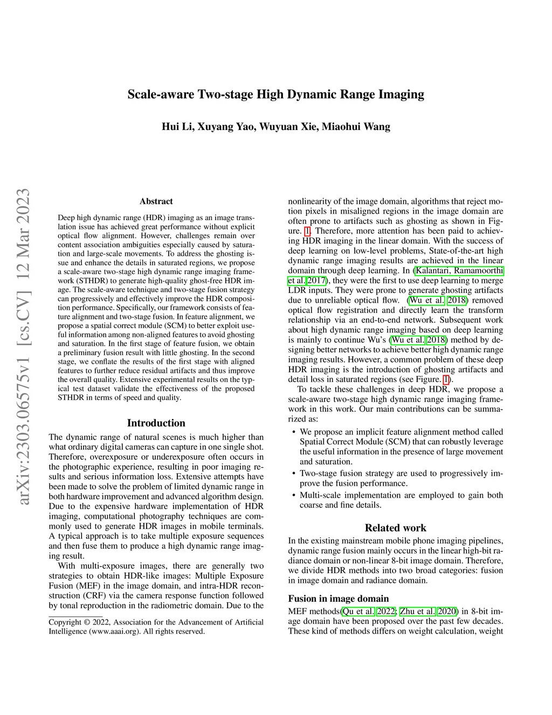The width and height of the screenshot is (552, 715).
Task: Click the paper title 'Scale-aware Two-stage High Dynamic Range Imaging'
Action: point(275,95)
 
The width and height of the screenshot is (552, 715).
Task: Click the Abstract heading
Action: point(156,201)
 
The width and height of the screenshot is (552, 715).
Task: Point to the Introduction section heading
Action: point(156,423)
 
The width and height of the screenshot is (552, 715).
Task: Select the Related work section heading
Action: point(395,528)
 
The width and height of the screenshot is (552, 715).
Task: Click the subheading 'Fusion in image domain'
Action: point(338,598)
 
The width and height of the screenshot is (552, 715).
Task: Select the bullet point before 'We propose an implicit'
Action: point(293,432)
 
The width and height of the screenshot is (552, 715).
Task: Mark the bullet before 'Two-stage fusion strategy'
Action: point(293,474)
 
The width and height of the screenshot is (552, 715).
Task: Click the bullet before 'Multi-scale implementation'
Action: point(293,495)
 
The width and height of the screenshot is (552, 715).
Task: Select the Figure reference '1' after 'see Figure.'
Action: point(446,379)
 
